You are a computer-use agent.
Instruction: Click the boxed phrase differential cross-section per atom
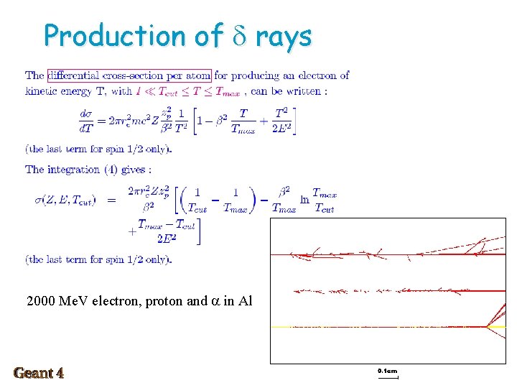click(x=129, y=75)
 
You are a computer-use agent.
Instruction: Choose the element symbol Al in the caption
click(x=245, y=301)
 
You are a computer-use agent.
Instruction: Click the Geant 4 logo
click(x=39, y=373)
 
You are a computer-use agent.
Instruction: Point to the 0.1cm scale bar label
click(x=387, y=371)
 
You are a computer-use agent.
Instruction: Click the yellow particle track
click(x=373, y=327)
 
